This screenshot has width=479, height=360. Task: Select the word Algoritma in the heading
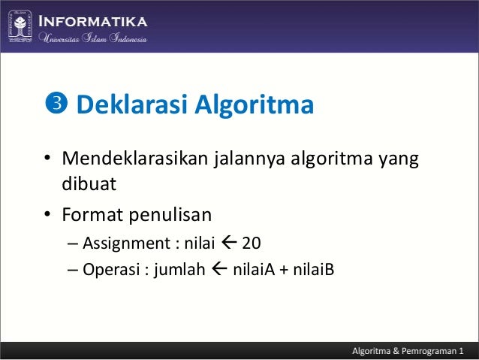click(x=254, y=105)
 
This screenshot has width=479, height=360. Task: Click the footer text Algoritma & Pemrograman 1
click(x=408, y=351)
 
